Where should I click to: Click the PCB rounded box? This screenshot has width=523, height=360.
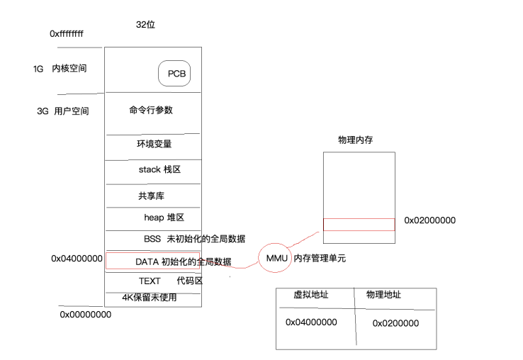(174, 73)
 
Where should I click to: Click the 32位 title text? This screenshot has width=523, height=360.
(145, 25)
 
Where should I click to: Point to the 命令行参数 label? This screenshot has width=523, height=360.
(151, 111)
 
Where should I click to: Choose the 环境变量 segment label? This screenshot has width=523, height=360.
(154, 145)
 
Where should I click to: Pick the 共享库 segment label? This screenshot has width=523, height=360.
(152, 196)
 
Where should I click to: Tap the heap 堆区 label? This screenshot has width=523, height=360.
(164, 218)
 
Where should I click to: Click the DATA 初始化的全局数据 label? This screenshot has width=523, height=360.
(183, 261)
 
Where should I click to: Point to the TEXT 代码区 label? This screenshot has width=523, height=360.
(170, 281)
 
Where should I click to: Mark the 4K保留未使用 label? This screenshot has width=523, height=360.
(149, 298)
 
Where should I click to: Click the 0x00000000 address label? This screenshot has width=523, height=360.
(85, 314)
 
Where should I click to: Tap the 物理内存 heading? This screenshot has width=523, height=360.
(356, 140)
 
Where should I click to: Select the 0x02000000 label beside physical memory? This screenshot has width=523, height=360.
(429, 220)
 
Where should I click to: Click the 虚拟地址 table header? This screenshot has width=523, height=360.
(311, 296)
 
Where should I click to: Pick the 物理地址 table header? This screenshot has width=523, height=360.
(383, 295)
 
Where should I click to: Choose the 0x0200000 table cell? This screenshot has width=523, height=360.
(395, 323)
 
